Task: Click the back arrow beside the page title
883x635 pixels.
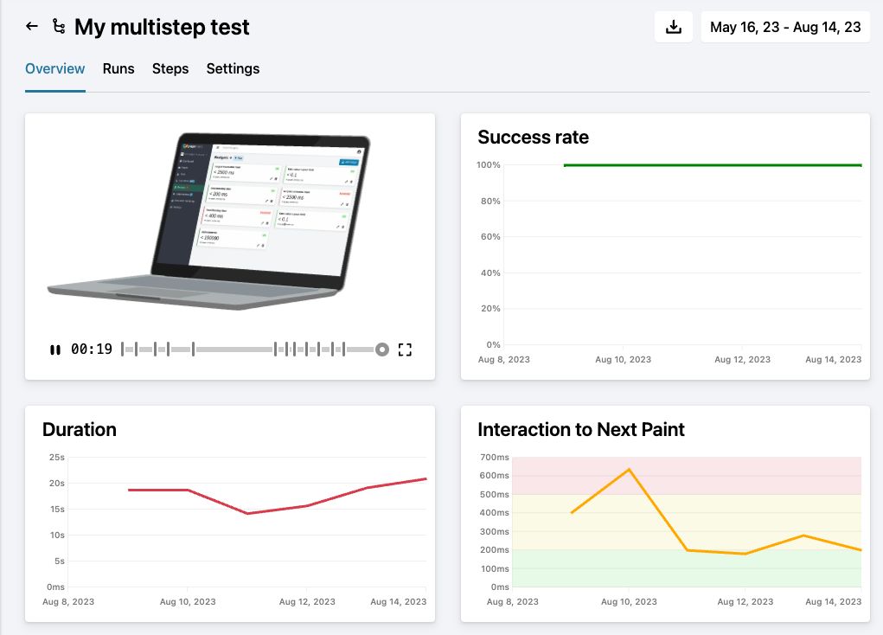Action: click(32, 27)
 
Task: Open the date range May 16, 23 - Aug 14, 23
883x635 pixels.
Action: click(785, 27)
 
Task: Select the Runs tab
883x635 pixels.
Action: click(118, 68)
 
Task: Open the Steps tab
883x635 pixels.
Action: click(170, 68)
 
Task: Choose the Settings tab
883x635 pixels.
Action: click(233, 68)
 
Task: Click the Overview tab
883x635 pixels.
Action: click(55, 68)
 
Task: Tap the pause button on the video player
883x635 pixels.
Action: click(55, 350)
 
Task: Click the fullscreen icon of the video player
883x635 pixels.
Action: click(405, 350)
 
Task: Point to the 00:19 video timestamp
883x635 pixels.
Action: click(92, 350)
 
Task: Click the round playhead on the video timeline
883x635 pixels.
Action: click(381, 350)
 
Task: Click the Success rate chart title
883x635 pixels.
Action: click(533, 137)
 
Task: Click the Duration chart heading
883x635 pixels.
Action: click(80, 429)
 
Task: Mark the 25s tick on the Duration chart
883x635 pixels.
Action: click(56, 457)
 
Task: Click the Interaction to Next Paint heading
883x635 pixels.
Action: click(581, 429)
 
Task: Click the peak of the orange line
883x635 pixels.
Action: click(629, 469)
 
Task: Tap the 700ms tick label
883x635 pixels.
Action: click(495, 457)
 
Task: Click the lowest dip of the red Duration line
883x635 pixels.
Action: click(247, 514)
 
